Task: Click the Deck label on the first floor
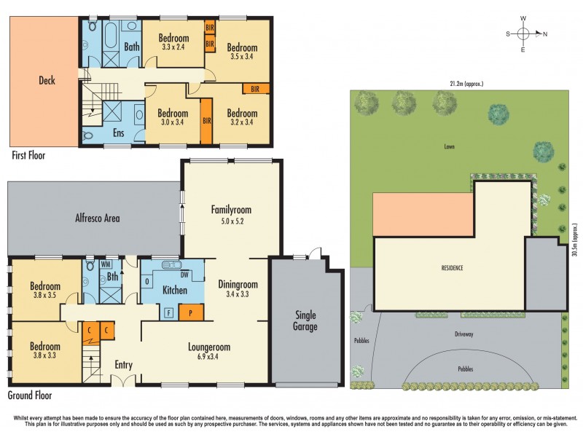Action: [47, 80]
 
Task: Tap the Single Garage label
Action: [305, 320]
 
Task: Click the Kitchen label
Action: [175, 290]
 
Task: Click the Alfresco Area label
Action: [98, 217]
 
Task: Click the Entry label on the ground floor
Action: [123, 364]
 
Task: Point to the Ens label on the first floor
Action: [120, 133]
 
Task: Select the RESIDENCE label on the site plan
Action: [452, 267]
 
